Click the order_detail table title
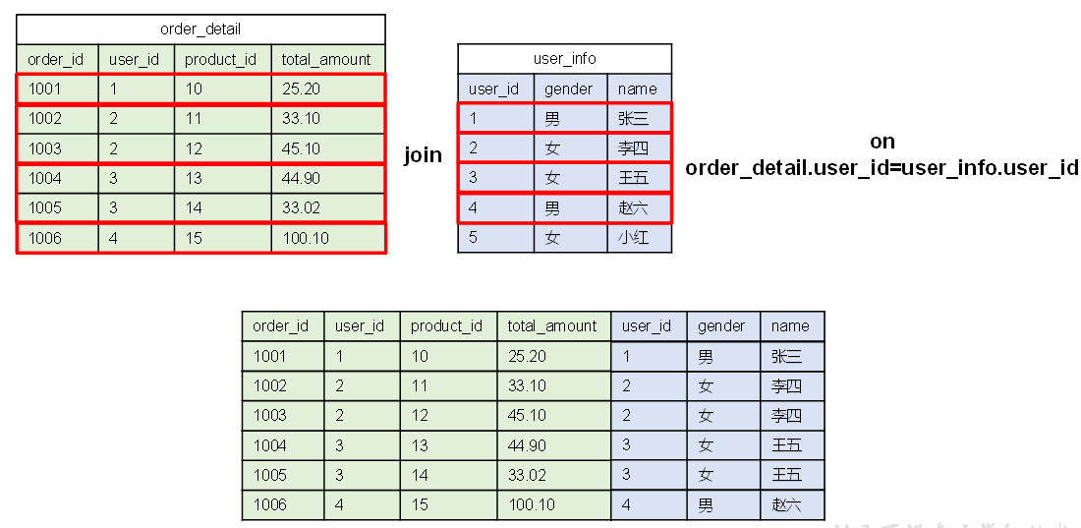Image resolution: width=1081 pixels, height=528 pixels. (200, 29)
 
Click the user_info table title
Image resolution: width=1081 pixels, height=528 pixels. (564, 58)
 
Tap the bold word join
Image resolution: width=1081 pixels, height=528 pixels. (423, 155)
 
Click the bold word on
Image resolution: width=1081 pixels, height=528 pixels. (882, 142)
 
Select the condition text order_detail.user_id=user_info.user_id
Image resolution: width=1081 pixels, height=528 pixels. (882, 167)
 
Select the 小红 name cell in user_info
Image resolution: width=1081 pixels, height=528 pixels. (634, 238)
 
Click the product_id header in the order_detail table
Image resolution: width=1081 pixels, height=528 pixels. (221, 59)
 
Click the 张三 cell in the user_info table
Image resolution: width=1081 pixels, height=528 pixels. (634, 119)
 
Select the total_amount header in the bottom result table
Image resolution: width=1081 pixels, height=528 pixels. (553, 326)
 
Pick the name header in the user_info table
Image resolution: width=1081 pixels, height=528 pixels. (638, 88)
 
